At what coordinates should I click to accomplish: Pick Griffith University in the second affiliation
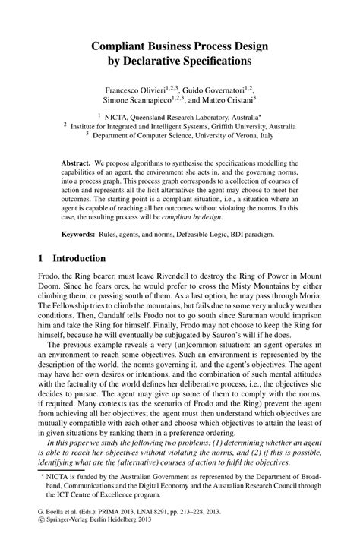pyautogui.click(x=233, y=127)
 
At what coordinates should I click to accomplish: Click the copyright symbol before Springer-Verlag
pyautogui.click(x=40, y=533)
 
